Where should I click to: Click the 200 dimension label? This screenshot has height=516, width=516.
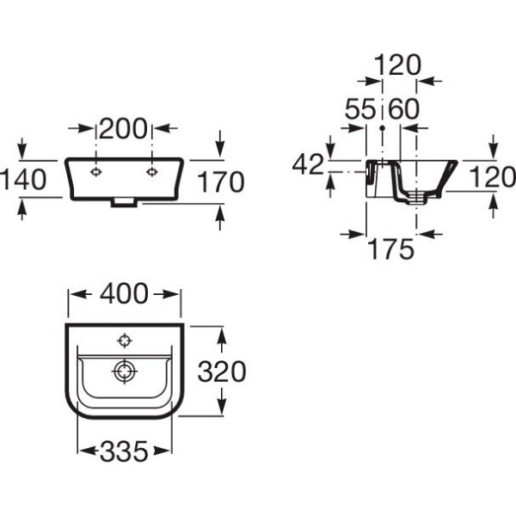click(x=123, y=128)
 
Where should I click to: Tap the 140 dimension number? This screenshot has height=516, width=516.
click(x=24, y=180)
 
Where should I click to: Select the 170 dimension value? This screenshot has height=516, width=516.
click(x=221, y=181)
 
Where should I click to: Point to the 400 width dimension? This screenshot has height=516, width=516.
click(x=125, y=293)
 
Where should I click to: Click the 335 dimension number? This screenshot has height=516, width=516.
click(x=125, y=451)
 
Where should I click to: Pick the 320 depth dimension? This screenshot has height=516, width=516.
click(x=222, y=372)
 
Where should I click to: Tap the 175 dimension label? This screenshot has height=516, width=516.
click(x=391, y=249)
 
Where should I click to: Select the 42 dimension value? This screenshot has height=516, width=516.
click(x=309, y=164)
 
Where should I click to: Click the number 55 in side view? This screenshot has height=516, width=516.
click(x=360, y=108)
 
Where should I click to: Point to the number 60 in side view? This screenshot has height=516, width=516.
click(x=404, y=108)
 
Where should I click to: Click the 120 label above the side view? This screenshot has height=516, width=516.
click(x=397, y=64)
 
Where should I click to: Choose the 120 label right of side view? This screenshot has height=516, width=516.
click(x=493, y=177)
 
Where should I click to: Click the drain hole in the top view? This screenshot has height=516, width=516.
click(x=125, y=372)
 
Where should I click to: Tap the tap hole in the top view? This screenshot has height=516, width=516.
click(x=125, y=341)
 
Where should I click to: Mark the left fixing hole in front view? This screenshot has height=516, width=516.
click(x=95, y=172)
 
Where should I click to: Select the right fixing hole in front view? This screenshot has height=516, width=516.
click(x=151, y=172)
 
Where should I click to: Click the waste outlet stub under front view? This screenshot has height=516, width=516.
click(x=124, y=203)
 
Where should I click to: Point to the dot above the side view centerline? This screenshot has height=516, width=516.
click(x=382, y=128)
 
